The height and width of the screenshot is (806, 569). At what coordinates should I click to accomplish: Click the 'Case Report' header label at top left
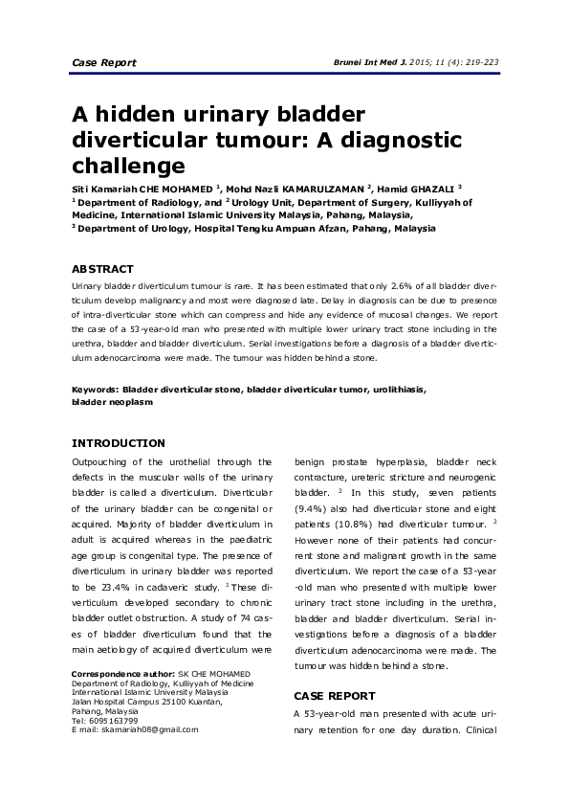pyautogui.click(x=104, y=63)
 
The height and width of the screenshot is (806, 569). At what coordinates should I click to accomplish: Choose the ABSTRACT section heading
pyautogui.click(x=102, y=269)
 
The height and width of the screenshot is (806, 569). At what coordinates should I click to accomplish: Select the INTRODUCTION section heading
pyautogui.click(x=119, y=443)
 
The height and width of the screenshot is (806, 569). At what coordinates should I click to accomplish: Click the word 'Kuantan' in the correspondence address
pyautogui.click(x=202, y=703)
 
